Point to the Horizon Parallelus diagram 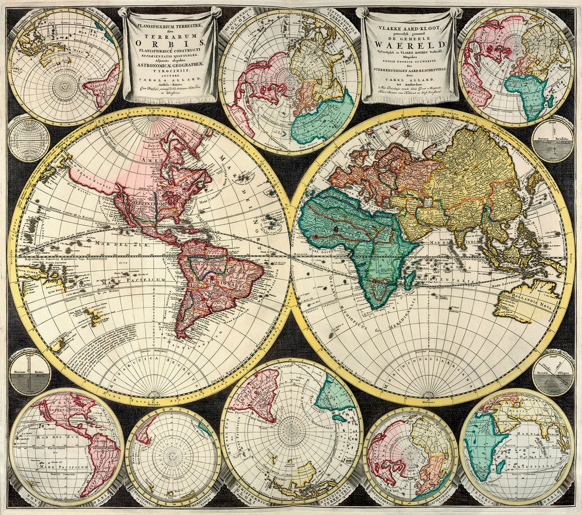(553, 140)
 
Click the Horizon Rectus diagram (30, 372)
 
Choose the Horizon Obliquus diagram (553, 372)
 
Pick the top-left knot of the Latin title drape (124, 12)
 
